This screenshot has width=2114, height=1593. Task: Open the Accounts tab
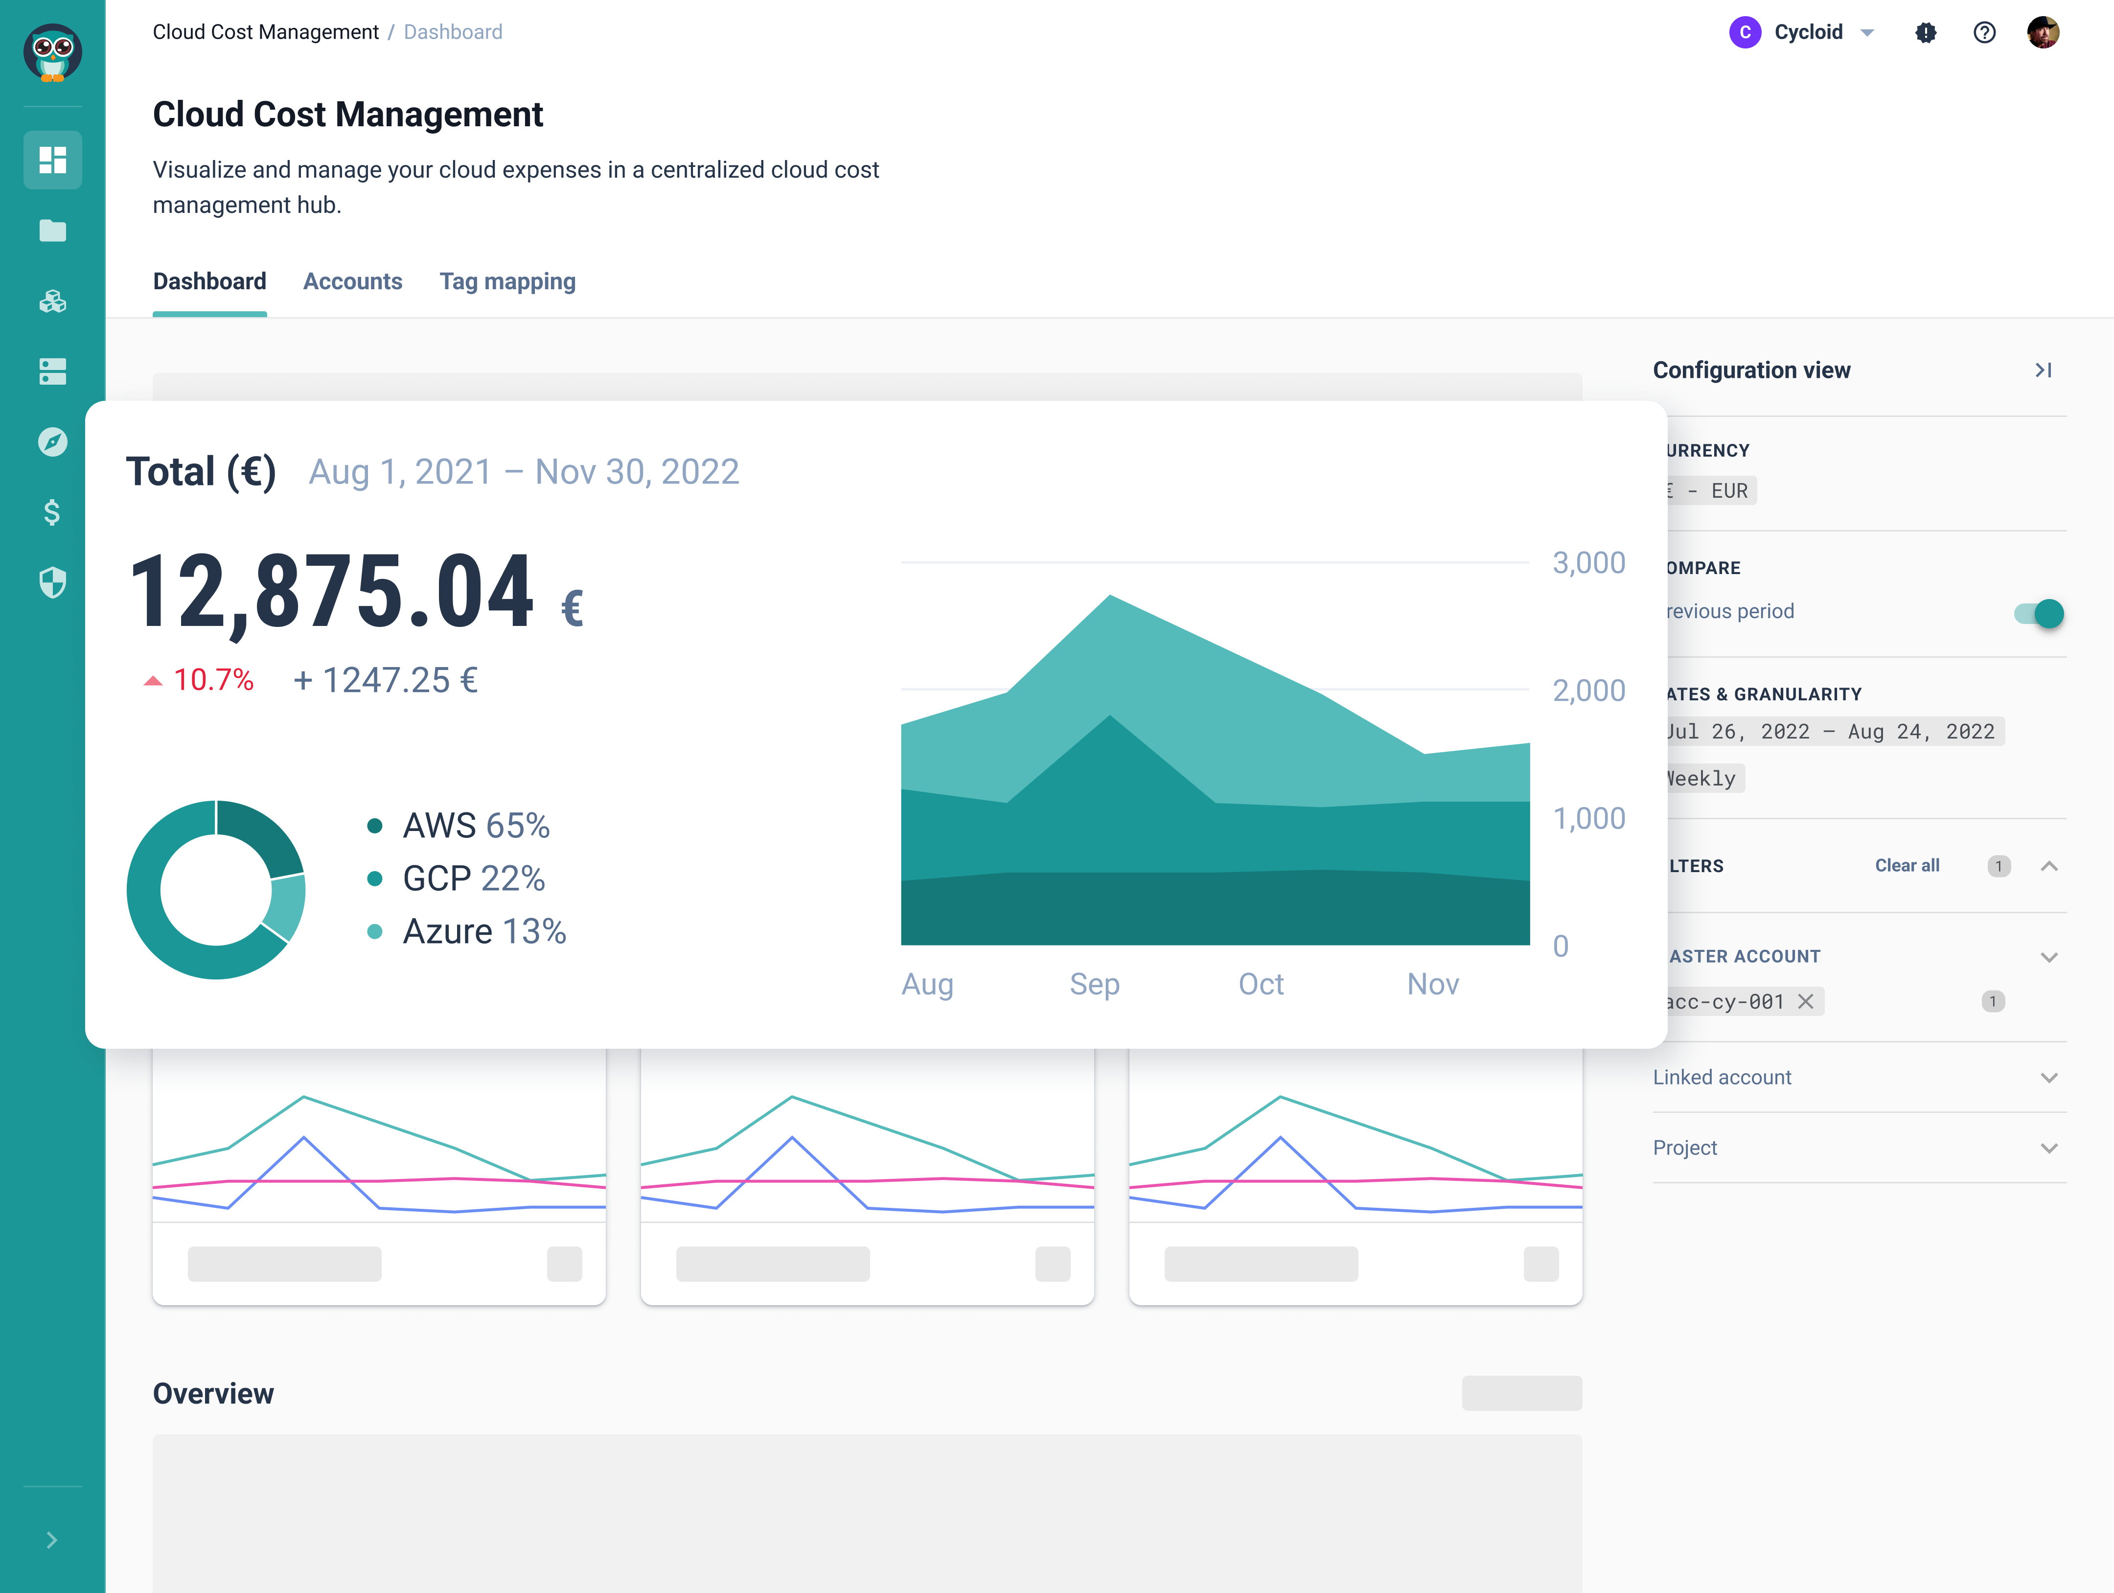(353, 282)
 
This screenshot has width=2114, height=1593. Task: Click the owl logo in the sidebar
(52, 52)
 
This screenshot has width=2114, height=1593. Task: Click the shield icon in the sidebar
(52, 582)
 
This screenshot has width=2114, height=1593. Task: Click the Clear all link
(1907, 866)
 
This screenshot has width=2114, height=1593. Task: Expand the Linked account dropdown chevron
(2048, 1078)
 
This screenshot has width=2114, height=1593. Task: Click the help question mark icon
(1984, 32)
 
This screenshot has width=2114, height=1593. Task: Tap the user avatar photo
(2043, 32)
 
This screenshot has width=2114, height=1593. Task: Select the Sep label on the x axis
(1094, 984)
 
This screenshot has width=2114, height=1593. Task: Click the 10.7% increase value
(212, 680)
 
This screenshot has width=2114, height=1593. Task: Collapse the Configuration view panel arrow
(2043, 370)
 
